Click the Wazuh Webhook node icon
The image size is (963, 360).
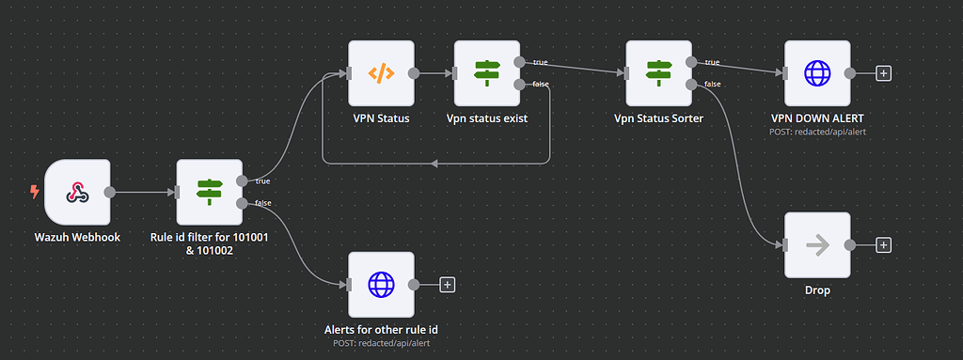77,192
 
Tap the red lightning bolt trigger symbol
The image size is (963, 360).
35,192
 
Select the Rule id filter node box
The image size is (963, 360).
209,192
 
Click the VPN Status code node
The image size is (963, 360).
380,73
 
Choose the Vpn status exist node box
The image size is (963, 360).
486,73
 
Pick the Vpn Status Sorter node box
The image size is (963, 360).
657,73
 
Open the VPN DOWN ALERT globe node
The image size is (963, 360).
816,73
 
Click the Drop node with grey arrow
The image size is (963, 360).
816,244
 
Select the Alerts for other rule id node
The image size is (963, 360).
380,284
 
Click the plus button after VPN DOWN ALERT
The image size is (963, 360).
883,73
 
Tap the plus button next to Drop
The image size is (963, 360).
883,244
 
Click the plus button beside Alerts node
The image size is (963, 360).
448,284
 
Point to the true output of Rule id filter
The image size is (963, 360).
244,180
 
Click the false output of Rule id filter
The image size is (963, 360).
244,202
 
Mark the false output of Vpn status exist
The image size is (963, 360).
520,85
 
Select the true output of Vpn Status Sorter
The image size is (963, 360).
691,62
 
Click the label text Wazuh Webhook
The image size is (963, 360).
77,237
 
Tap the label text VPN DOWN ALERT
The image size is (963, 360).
816,118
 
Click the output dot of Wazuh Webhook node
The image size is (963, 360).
110,192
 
